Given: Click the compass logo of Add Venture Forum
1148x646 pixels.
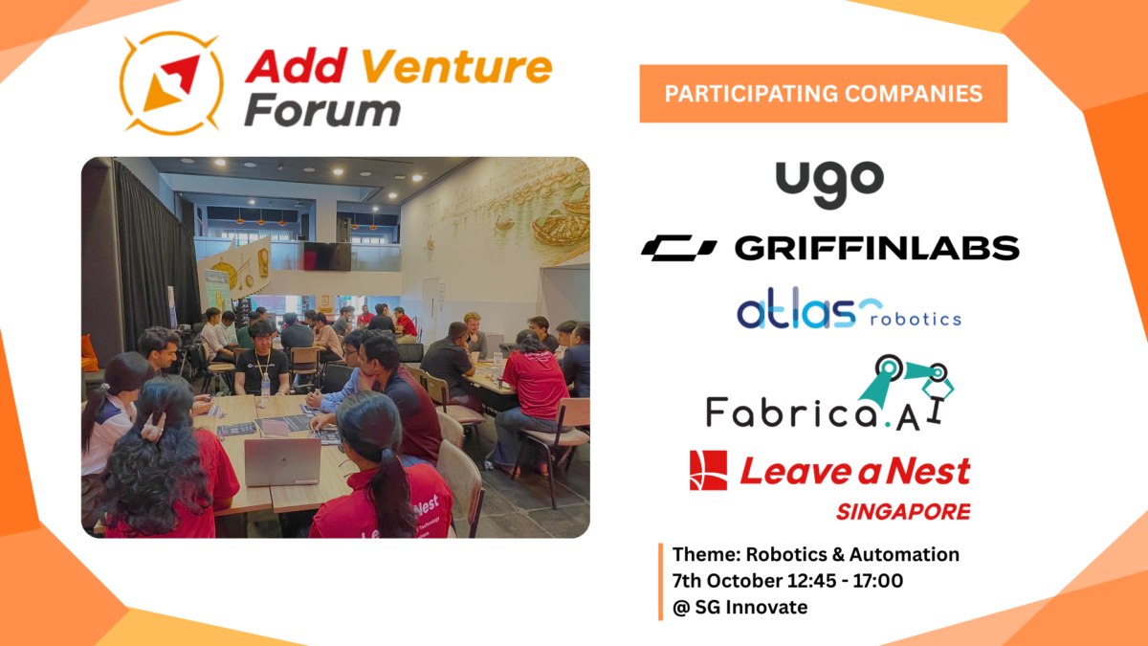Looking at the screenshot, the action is tap(171, 83).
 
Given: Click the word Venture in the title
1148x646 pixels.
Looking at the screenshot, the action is tap(456, 67).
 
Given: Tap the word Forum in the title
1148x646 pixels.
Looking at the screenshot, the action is tap(322, 110).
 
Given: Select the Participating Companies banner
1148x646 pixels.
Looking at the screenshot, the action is tap(823, 94).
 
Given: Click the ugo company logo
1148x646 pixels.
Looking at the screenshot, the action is tap(829, 185).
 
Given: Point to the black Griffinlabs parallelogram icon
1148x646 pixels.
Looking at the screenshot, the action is tap(678, 248).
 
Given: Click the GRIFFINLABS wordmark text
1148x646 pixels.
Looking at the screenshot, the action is tap(877, 248).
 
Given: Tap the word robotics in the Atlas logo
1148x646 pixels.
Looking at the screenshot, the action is tap(916, 320).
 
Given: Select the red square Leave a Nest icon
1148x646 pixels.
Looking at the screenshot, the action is tap(708, 471).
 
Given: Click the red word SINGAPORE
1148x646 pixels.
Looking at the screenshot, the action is tap(903, 512).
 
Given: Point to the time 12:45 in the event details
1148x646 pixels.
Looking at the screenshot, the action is tap(812, 581).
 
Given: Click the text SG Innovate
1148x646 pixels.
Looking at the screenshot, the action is tap(751, 608).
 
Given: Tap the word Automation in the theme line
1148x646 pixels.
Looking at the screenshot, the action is tap(904, 555).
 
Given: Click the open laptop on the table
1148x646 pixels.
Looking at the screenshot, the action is tap(282, 461).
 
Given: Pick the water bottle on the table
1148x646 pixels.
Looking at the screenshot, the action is tap(266, 387).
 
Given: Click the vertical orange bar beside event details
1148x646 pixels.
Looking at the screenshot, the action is tap(661, 582).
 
